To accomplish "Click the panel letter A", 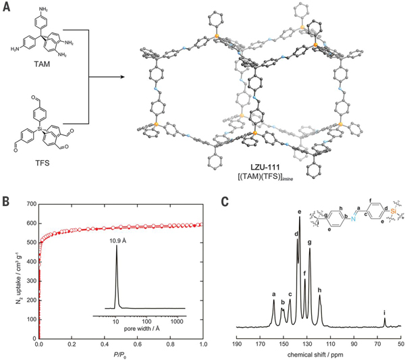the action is tap(7, 6).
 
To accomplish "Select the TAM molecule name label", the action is tap(42, 64).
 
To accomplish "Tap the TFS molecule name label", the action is tap(42, 163).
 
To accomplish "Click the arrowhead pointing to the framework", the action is tap(123, 77).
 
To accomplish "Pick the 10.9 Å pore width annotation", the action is tap(117, 241).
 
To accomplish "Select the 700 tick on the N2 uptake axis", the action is tap(32, 204).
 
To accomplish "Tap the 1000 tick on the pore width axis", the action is tap(177, 322).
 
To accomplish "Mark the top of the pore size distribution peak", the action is tap(117, 245).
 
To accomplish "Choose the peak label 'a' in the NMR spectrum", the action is tap(274, 294).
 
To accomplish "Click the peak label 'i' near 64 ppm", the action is tap(385, 313).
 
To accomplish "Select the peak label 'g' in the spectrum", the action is tap(310, 242).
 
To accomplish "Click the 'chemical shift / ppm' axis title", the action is tap(315, 354).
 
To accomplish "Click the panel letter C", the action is tap(225, 202).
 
